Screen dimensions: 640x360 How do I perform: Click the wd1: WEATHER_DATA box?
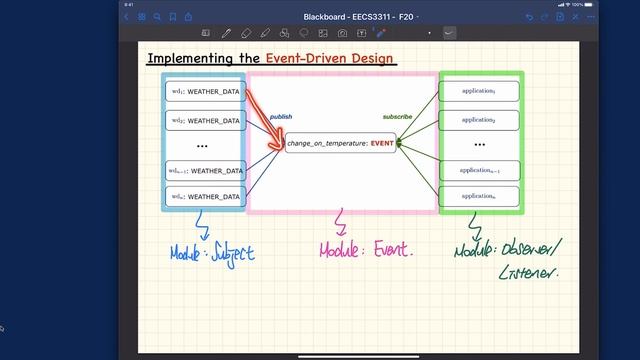pyautogui.click(x=204, y=92)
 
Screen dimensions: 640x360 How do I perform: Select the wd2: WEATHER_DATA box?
pyautogui.click(x=204, y=121)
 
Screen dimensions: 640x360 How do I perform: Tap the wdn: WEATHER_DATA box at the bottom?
pyautogui.click(x=204, y=197)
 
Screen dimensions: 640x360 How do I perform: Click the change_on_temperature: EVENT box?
pyautogui.click(x=341, y=144)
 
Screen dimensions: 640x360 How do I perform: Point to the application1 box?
pyautogui.click(x=479, y=91)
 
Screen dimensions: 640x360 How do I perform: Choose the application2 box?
pyautogui.click(x=479, y=120)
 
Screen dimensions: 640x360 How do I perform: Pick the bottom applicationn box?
pyautogui.click(x=479, y=196)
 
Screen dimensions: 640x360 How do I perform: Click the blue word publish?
pyautogui.click(x=281, y=117)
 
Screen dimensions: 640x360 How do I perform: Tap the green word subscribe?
pyautogui.click(x=397, y=117)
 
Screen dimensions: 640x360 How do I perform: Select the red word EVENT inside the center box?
pyautogui.click(x=383, y=144)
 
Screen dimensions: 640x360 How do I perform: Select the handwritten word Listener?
pyautogui.click(x=527, y=270)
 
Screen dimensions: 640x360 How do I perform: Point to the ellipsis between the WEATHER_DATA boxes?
pyautogui.click(x=204, y=146)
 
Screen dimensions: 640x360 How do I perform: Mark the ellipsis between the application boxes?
pyautogui.click(x=479, y=145)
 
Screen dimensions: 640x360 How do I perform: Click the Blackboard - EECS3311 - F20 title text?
pyautogui.click(x=355, y=17)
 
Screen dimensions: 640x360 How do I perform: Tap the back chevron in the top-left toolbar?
pyautogui.click(x=127, y=17)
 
